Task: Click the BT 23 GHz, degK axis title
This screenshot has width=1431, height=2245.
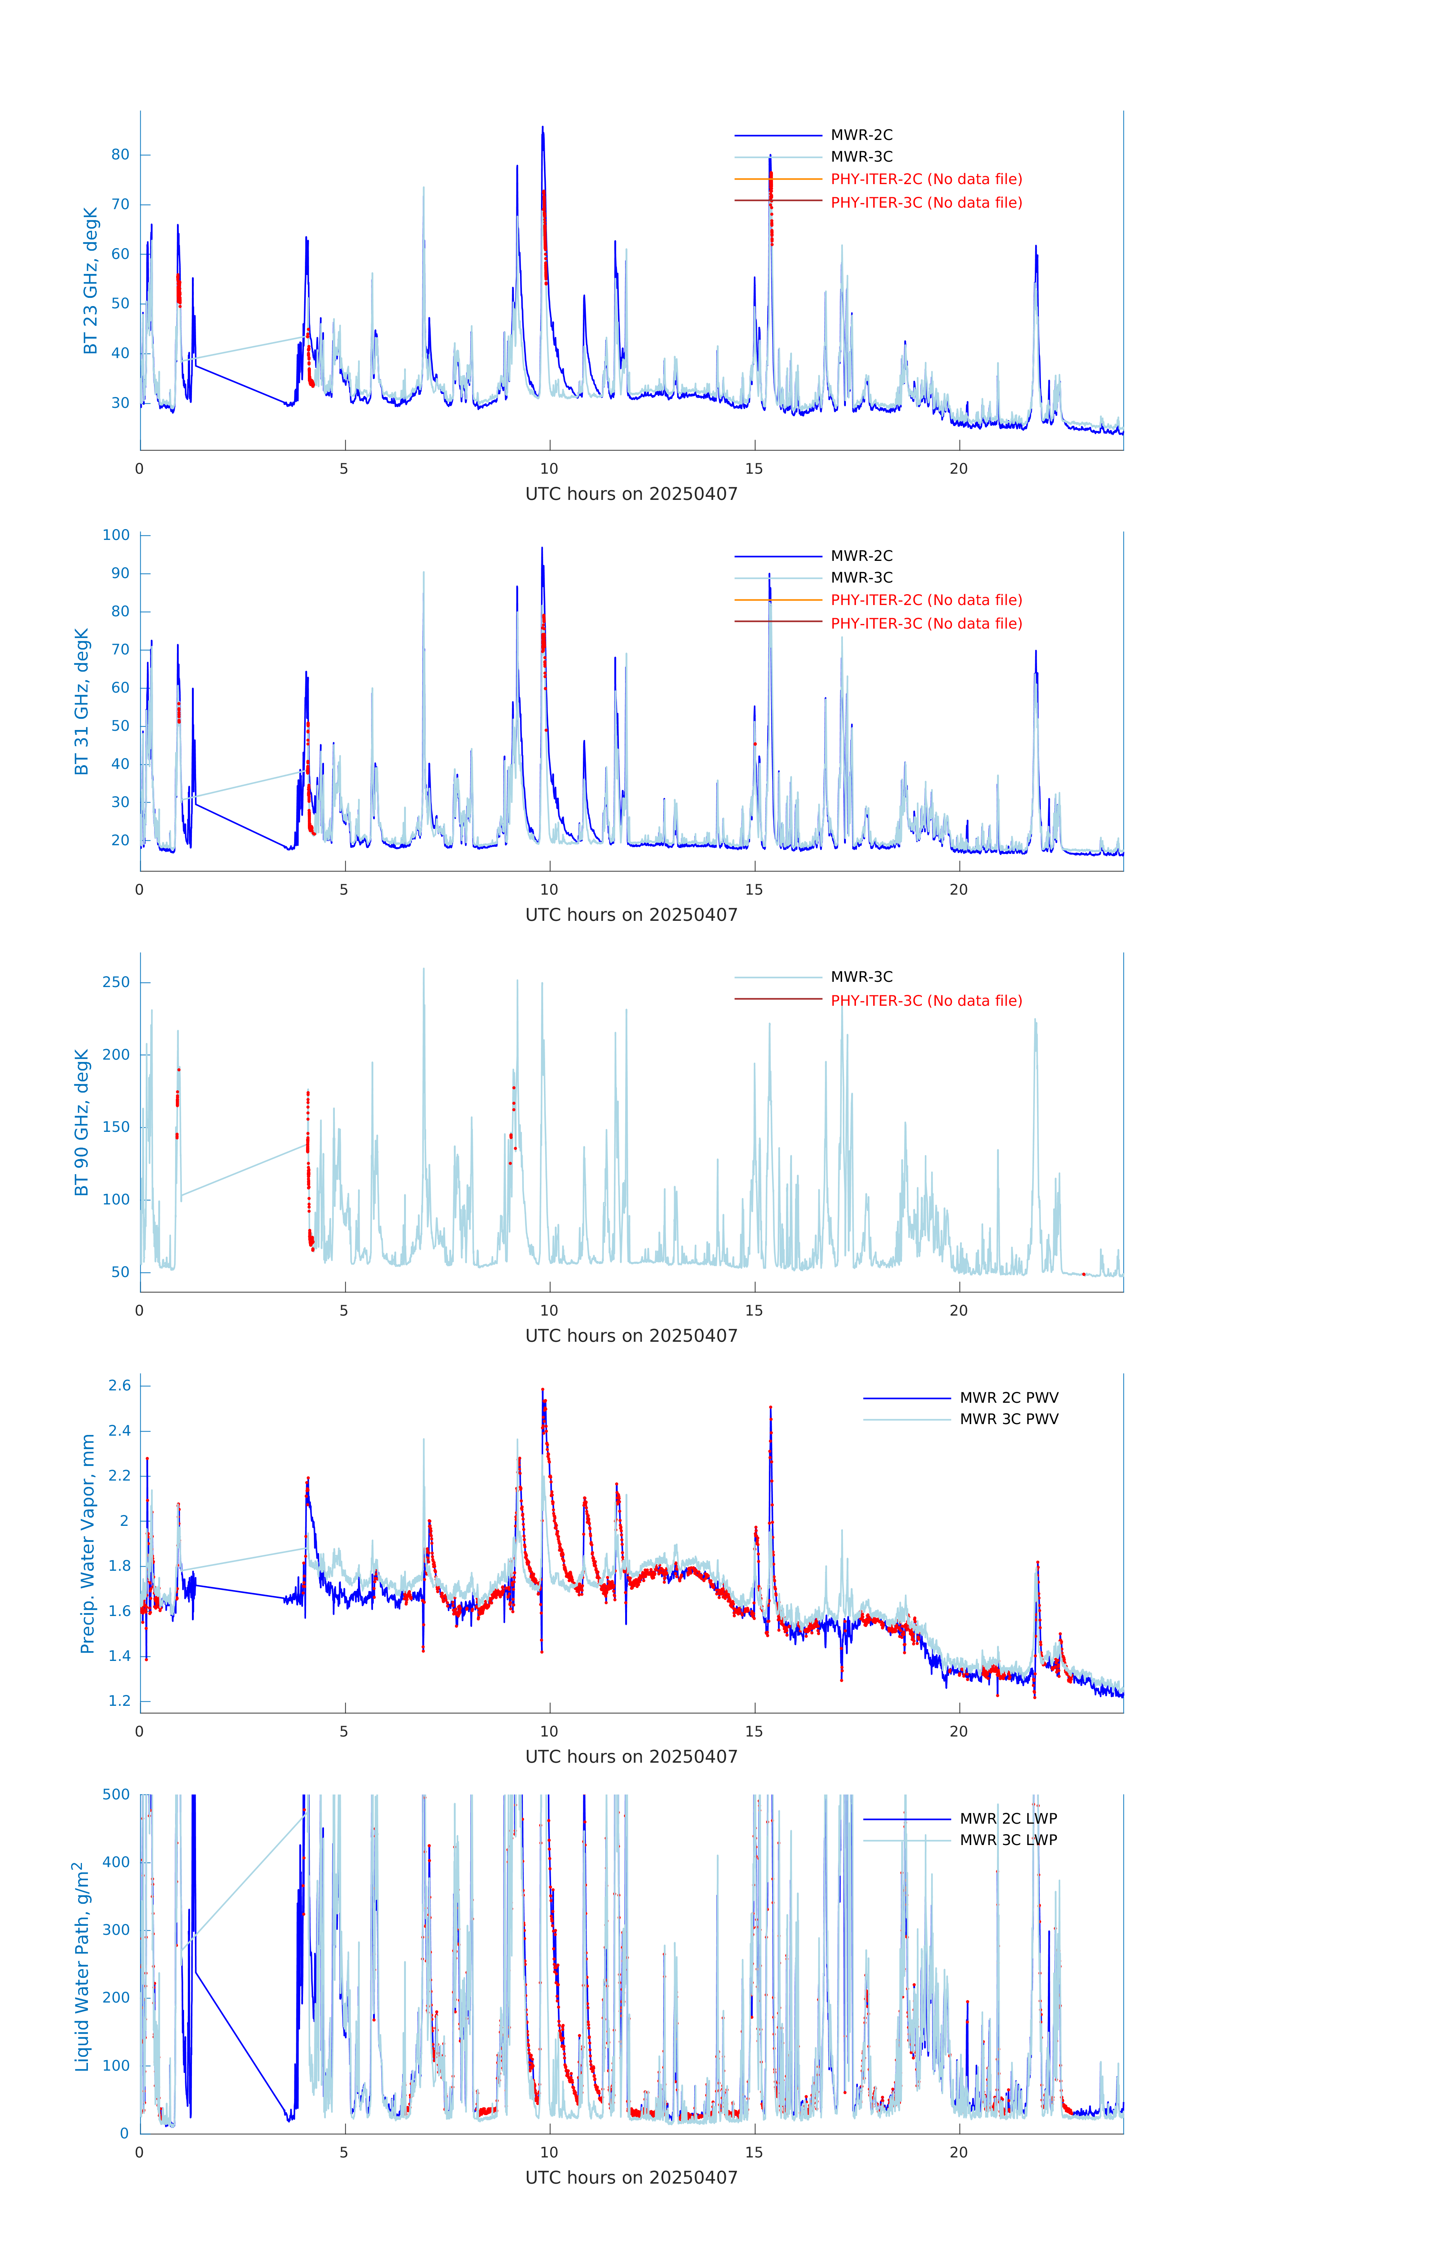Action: point(91,281)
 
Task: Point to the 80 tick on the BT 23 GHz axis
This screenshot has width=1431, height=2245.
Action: point(120,155)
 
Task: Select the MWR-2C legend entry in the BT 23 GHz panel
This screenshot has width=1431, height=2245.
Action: point(860,135)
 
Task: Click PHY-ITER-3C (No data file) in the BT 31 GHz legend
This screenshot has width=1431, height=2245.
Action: point(926,624)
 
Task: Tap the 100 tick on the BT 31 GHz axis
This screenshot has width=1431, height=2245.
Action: point(116,535)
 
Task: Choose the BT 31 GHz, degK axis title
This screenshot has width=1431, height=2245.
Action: point(82,701)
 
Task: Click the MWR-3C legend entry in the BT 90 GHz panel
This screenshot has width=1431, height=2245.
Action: point(860,977)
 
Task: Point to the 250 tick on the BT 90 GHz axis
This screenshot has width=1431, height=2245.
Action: point(116,983)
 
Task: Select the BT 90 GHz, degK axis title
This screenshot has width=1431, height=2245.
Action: point(82,1122)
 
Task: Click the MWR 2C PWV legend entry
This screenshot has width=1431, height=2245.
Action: point(1009,1398)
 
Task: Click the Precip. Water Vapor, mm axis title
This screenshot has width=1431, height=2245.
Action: point(88,1544)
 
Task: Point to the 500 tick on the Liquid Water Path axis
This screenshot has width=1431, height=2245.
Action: point(116,1795)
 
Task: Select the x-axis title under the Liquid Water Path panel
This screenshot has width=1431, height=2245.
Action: point(631,2178)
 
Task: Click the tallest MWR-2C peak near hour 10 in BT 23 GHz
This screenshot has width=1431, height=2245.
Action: point(542,128)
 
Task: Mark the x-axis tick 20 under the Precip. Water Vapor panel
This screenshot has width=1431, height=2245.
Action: point(958,1731)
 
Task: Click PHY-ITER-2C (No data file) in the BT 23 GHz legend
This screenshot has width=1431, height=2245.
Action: point(926,179)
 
